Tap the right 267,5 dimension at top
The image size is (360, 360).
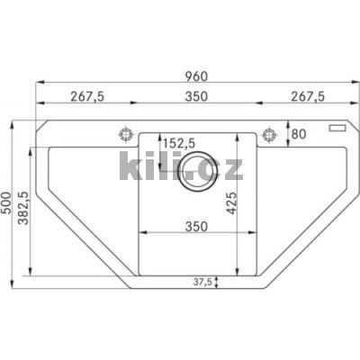pos(303,96)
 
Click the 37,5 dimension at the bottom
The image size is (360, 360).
pos(203,282)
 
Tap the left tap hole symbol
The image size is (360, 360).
pos(124,134)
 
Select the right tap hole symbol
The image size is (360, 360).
pos(267,134)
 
